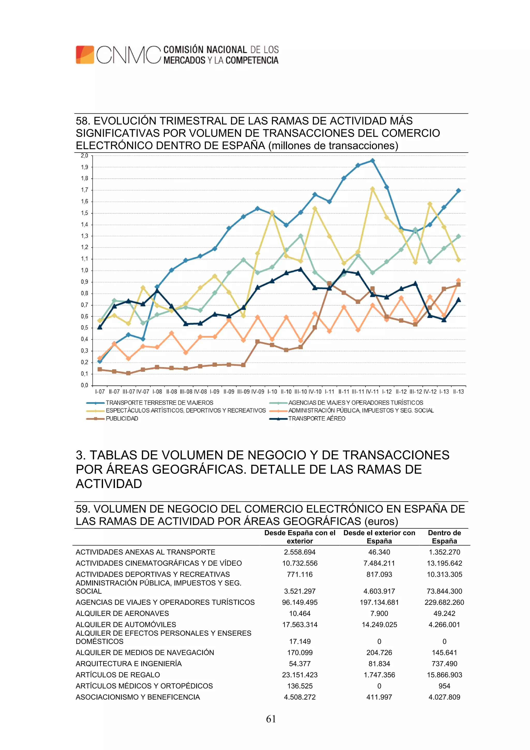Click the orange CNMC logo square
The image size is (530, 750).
pyautogui.click(x=85, y=55)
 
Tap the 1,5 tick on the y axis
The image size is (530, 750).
pyautogui.click(x=84, y=213)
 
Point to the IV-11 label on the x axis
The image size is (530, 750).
pyautogui.click(x=372, y=392)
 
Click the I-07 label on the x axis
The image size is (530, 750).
pyautogui.click(x=100, y=392)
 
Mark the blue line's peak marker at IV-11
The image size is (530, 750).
pyautogui.click(x=373, y=161)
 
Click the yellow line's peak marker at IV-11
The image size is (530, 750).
pyautogui.click(x=373, y=189)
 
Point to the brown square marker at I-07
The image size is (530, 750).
pyautogui.click(x=100, y=369)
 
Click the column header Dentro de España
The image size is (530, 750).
pyautogui.click(x=444, y=537)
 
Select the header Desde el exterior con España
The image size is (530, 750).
pyautogui.click(x=379, y=537)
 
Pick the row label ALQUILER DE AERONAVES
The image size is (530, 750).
pyautogui.click(x=122, y=614)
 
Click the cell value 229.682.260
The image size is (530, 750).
pyautogui.click(x=444, y=602)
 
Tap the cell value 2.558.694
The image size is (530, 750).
pyautogui.click(x=300, y=552)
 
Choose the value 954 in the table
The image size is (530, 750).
pyautogui.click(x=444, y=686)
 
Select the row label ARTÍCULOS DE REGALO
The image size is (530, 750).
pyautogui.click(x=117, y=675)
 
